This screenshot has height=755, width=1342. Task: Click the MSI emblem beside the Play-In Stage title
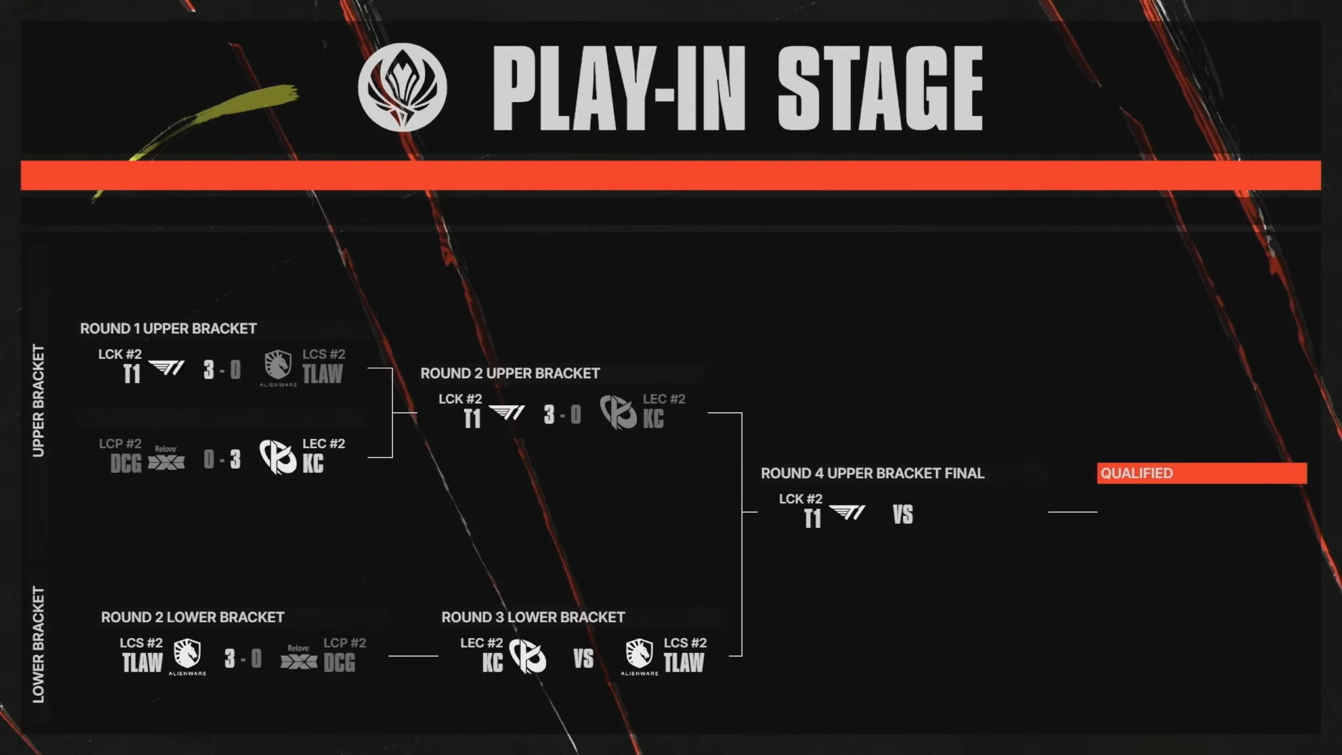click(x=402, y=87)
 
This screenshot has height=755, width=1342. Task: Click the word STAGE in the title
click(x=880, y=88)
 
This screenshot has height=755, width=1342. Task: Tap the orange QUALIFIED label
click(x=1202, y=473)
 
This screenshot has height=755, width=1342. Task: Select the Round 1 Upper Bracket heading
click(x=168, y=329)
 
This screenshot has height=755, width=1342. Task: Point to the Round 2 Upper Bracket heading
click(x=510, y=373)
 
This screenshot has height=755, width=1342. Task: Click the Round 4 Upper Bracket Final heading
click(x=873, y=473)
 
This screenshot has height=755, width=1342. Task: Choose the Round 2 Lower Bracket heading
click(x=192, y=617)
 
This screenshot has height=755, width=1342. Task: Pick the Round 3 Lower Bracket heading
click(x=533, y=617)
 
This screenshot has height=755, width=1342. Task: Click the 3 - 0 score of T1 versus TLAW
click(x=222, y=370)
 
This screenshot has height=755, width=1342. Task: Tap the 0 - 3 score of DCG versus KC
click(x=222, y=460)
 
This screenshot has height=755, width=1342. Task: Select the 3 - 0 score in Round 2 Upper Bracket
click(x=562, y=415)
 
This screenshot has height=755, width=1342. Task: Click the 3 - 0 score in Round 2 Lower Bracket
click(x=243, y=659)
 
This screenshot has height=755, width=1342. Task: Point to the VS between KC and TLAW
click(x=583, y=659)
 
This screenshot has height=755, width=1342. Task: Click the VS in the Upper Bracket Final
click(x=903, y=515)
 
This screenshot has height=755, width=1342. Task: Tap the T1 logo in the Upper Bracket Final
click(x=847, y=512)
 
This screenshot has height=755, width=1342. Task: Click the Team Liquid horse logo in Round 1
click(x=278, y=365)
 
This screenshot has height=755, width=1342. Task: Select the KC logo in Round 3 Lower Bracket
click(x=527, y=656)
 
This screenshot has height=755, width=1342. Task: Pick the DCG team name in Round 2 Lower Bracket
click(x=339, y=663)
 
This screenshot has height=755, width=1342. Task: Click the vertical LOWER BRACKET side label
click(x=38, y=645)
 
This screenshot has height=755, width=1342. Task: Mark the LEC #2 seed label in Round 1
click(x=324, y=444)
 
